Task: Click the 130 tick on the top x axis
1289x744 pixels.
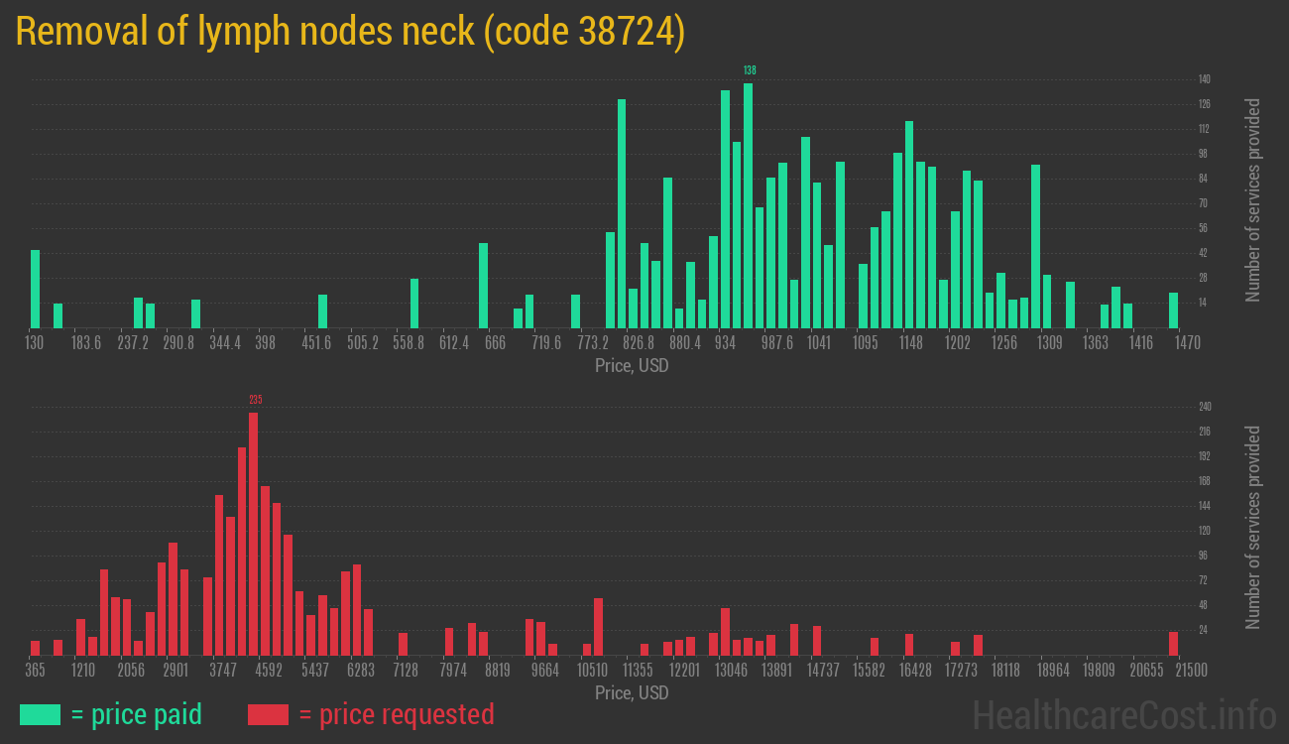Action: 35,343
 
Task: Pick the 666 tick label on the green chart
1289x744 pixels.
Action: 495,343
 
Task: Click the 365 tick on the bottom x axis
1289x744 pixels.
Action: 35,671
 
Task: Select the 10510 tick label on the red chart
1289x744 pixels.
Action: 592,671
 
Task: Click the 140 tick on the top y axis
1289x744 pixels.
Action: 1204,79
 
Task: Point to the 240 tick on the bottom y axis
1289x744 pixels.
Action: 1205,407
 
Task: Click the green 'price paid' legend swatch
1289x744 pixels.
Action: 40,714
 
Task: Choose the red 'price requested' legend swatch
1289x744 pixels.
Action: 268,714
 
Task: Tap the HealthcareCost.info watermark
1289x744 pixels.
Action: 1123,714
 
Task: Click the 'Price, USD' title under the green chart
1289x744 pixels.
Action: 632,366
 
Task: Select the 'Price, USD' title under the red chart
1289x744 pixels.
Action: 632,692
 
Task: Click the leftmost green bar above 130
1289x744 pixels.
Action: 36,289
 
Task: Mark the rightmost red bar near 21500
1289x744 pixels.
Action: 1173,644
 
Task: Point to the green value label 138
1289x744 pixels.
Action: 750,70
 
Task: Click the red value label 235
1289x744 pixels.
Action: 255,400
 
